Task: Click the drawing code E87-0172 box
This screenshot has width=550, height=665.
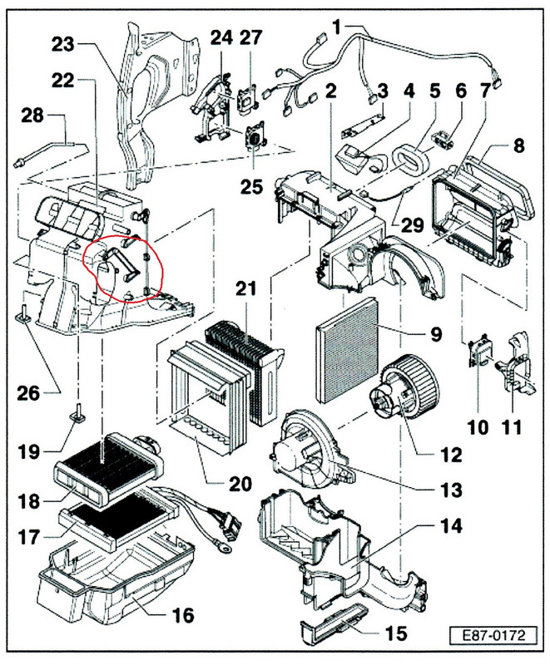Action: point(493,635)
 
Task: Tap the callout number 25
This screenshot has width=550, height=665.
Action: point(251,186)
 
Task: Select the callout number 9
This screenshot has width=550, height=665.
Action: point(436,335)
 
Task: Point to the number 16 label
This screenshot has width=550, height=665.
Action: point(183,615)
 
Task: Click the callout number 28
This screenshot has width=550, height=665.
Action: point(32,116)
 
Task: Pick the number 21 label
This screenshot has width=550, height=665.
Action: point(246,288)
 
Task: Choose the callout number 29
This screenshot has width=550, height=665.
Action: point(412,225)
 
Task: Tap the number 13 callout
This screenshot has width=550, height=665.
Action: point(451,490)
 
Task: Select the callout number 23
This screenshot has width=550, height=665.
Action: point(62,44)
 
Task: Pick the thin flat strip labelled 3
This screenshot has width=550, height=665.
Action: point(362,126)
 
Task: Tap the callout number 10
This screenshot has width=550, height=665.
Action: point(478,427)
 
